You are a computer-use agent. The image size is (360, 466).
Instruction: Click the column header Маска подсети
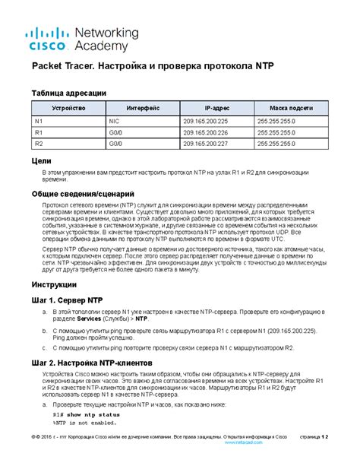coord(289,109)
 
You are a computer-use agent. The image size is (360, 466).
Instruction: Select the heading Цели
coord(42,161)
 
